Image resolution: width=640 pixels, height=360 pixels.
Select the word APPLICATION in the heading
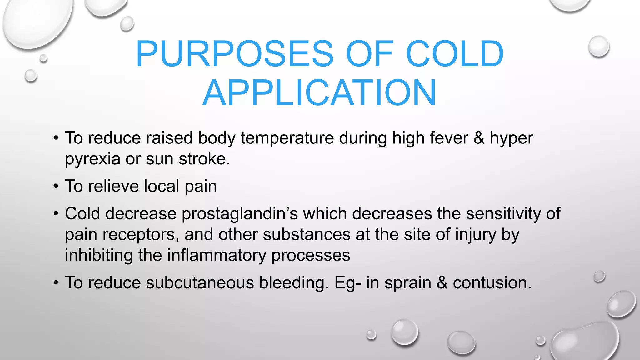pyautogui.click(x=319, y=93)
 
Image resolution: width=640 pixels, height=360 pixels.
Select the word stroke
pyautogui.click(x=204, y=159)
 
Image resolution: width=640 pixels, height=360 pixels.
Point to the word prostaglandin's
pyautogui.click(x=240, y=214)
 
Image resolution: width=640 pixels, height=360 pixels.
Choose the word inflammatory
pyautogui.click(x=217, y=255)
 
